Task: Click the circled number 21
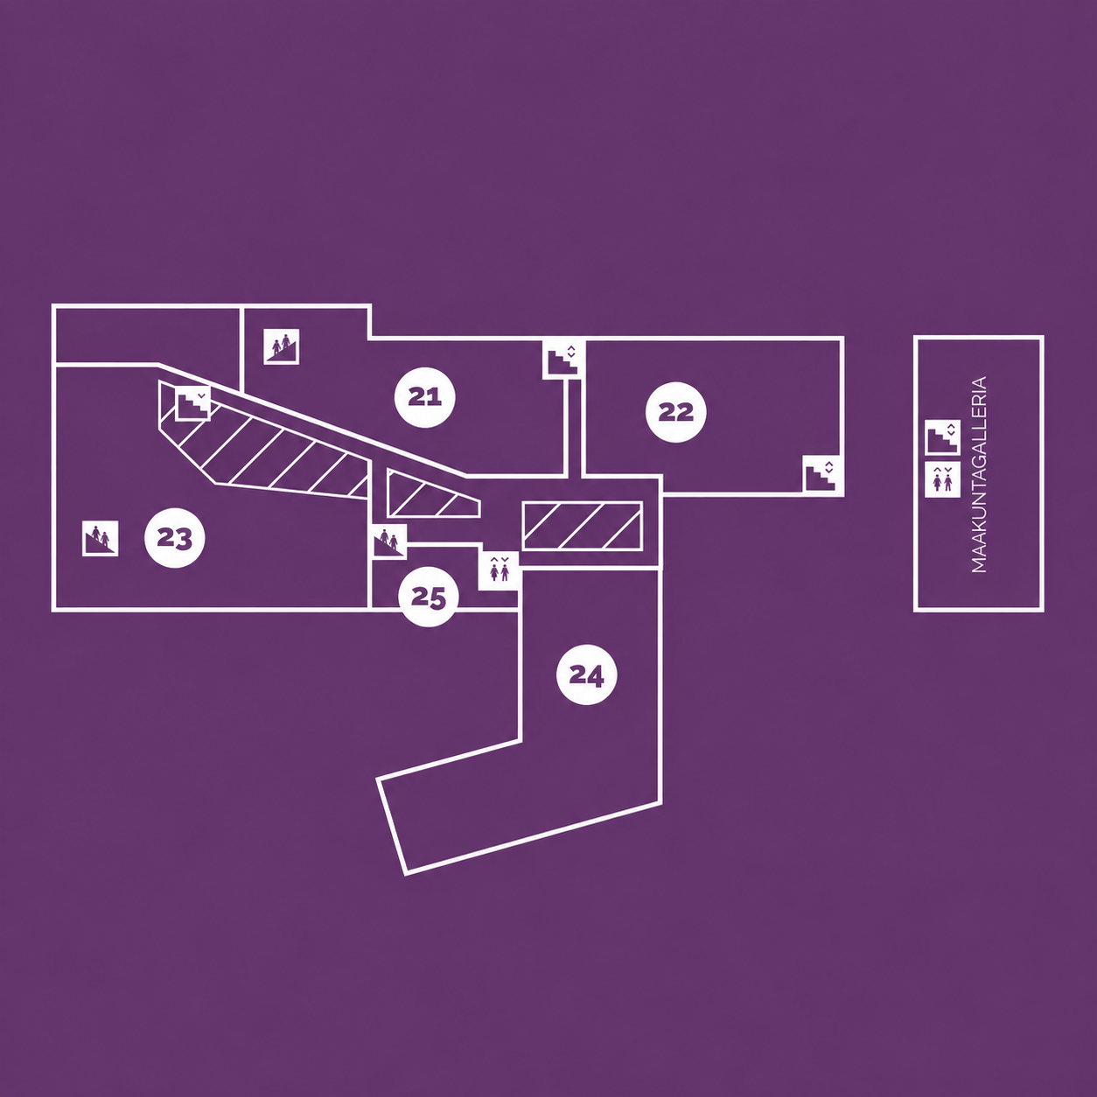point(424,397)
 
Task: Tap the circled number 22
point(675,411)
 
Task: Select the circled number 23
point(174,538)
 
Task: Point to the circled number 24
point(586,674)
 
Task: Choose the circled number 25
point(428,597)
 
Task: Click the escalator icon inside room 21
point(281,346)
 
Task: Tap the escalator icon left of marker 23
point(101,538)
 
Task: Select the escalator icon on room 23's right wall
point(390,541)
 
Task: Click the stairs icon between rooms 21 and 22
point(563,359)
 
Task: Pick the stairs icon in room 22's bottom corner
point(821,474)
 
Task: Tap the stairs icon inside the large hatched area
point(193,403)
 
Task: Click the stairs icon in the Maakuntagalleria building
point(942,437)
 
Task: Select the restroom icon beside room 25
point(499,570)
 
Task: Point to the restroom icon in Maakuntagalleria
point(942,479)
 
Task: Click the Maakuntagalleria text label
point(978,474)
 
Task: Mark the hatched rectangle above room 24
point(583,526)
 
